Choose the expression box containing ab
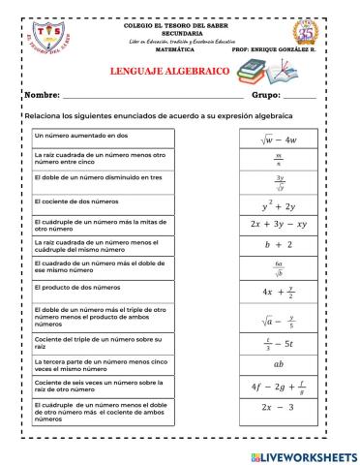[x=278, y=364]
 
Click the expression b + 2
[x=278, y=245]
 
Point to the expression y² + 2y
[x=278, y=205]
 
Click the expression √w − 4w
[x=278, y=139]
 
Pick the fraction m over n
[x=278, y=158]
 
